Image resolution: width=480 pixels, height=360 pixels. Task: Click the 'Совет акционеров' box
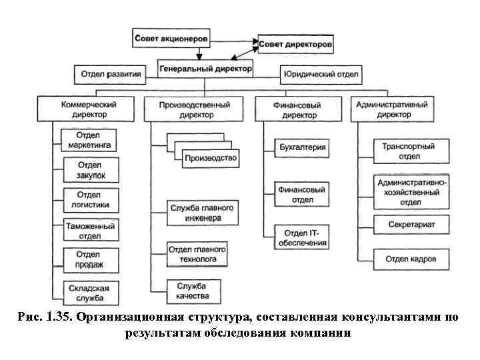click(x=172, y=39)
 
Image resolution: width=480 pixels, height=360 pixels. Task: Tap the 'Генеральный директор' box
click(x=206, y=68)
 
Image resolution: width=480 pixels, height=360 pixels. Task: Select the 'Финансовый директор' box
click(x=297, y=109)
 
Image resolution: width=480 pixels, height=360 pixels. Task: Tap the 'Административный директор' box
click(x=392, y=109)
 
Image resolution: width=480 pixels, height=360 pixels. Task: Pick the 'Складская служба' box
click(x=90, y=291)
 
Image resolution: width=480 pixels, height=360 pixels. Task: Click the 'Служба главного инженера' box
click(x=195, y=213)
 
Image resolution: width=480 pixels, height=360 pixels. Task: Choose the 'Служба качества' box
click(x=194, y=291)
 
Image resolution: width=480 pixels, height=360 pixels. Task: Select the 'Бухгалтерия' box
click(x=303, y=146)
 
